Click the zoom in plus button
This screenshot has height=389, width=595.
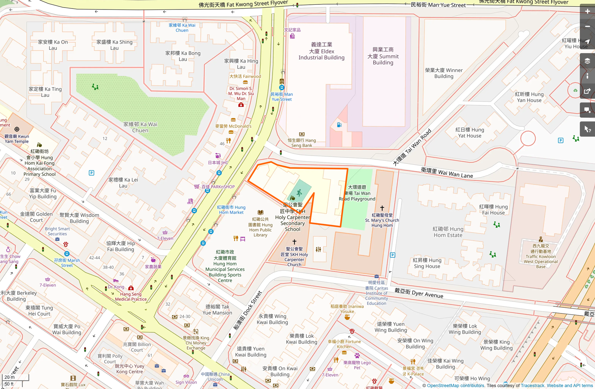click(587, 11)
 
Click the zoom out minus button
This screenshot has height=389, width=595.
click(587, 27)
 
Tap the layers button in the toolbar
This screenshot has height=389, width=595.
click(587, 61)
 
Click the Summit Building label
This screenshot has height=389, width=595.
click(383, 56)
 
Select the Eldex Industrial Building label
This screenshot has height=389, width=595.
click(322, 51)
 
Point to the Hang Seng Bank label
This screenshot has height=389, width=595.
click(302, 143)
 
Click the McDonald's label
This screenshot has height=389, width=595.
click(233, 126)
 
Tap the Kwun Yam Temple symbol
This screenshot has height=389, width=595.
click(17, 129)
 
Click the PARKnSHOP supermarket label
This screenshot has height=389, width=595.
click(218, 187)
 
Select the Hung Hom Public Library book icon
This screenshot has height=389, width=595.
click(261, 212)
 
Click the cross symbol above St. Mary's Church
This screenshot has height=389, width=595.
click(382, 208)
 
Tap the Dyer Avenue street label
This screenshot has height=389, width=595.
click(419, 293)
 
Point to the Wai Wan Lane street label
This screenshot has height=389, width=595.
click(447, 173)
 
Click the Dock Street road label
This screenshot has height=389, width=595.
click(248, 311)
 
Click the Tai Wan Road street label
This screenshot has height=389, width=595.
click(412, 147)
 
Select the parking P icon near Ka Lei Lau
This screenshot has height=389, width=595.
click(92, 173)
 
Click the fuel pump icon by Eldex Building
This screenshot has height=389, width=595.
click(339, 125)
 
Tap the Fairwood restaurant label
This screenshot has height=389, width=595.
click(245, 77)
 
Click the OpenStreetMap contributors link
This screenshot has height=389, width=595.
click(455, 386)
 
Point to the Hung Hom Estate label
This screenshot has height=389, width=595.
click(448, 232)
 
